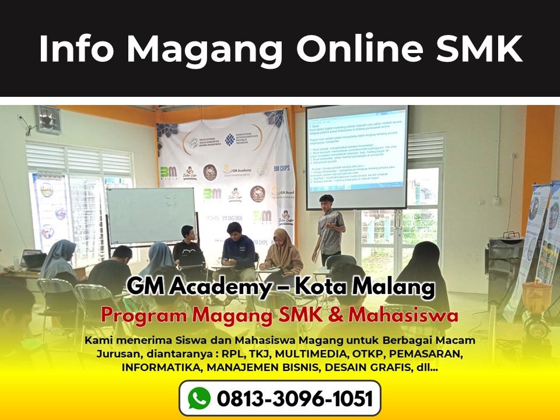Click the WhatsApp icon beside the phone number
pyautogui.click(x=199, y=398)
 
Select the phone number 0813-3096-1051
pyautogui.click(x=294, y=398)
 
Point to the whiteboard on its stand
pyautogui.click(x=150, y=215)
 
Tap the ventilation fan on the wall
pyautogui.click(x=47, y=119)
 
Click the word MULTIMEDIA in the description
pyautogui.click(x=313, y=353)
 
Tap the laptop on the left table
pyautogui.click(x=32, y=258)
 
